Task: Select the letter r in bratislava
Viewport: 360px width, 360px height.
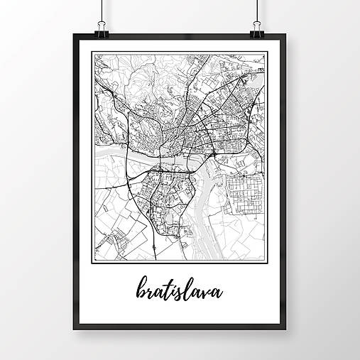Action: pyautogui.click(x=147, y=292)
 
